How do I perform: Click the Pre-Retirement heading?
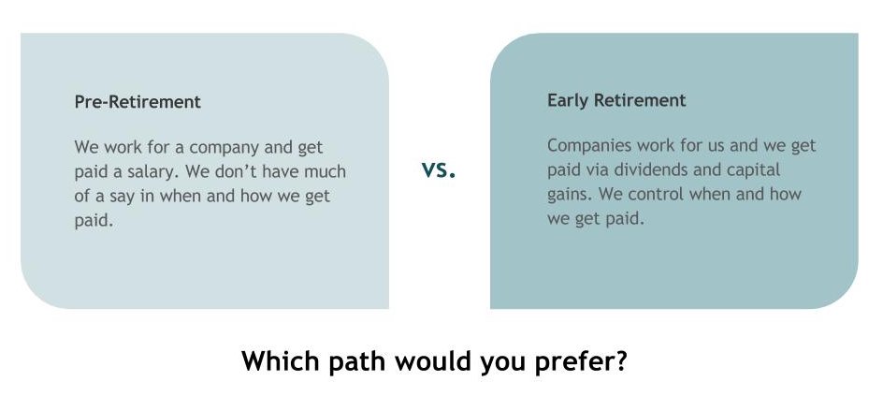[138, 102]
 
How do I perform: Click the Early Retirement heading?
[616, 100]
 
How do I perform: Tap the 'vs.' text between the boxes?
[439, 169]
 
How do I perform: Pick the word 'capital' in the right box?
[755, 169]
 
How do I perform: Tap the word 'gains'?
[570, 195]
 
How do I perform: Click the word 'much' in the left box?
[325, 170]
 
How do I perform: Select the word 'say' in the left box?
[127, 198]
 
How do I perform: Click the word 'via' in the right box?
[598, 169]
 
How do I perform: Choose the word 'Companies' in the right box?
[589, 146]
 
